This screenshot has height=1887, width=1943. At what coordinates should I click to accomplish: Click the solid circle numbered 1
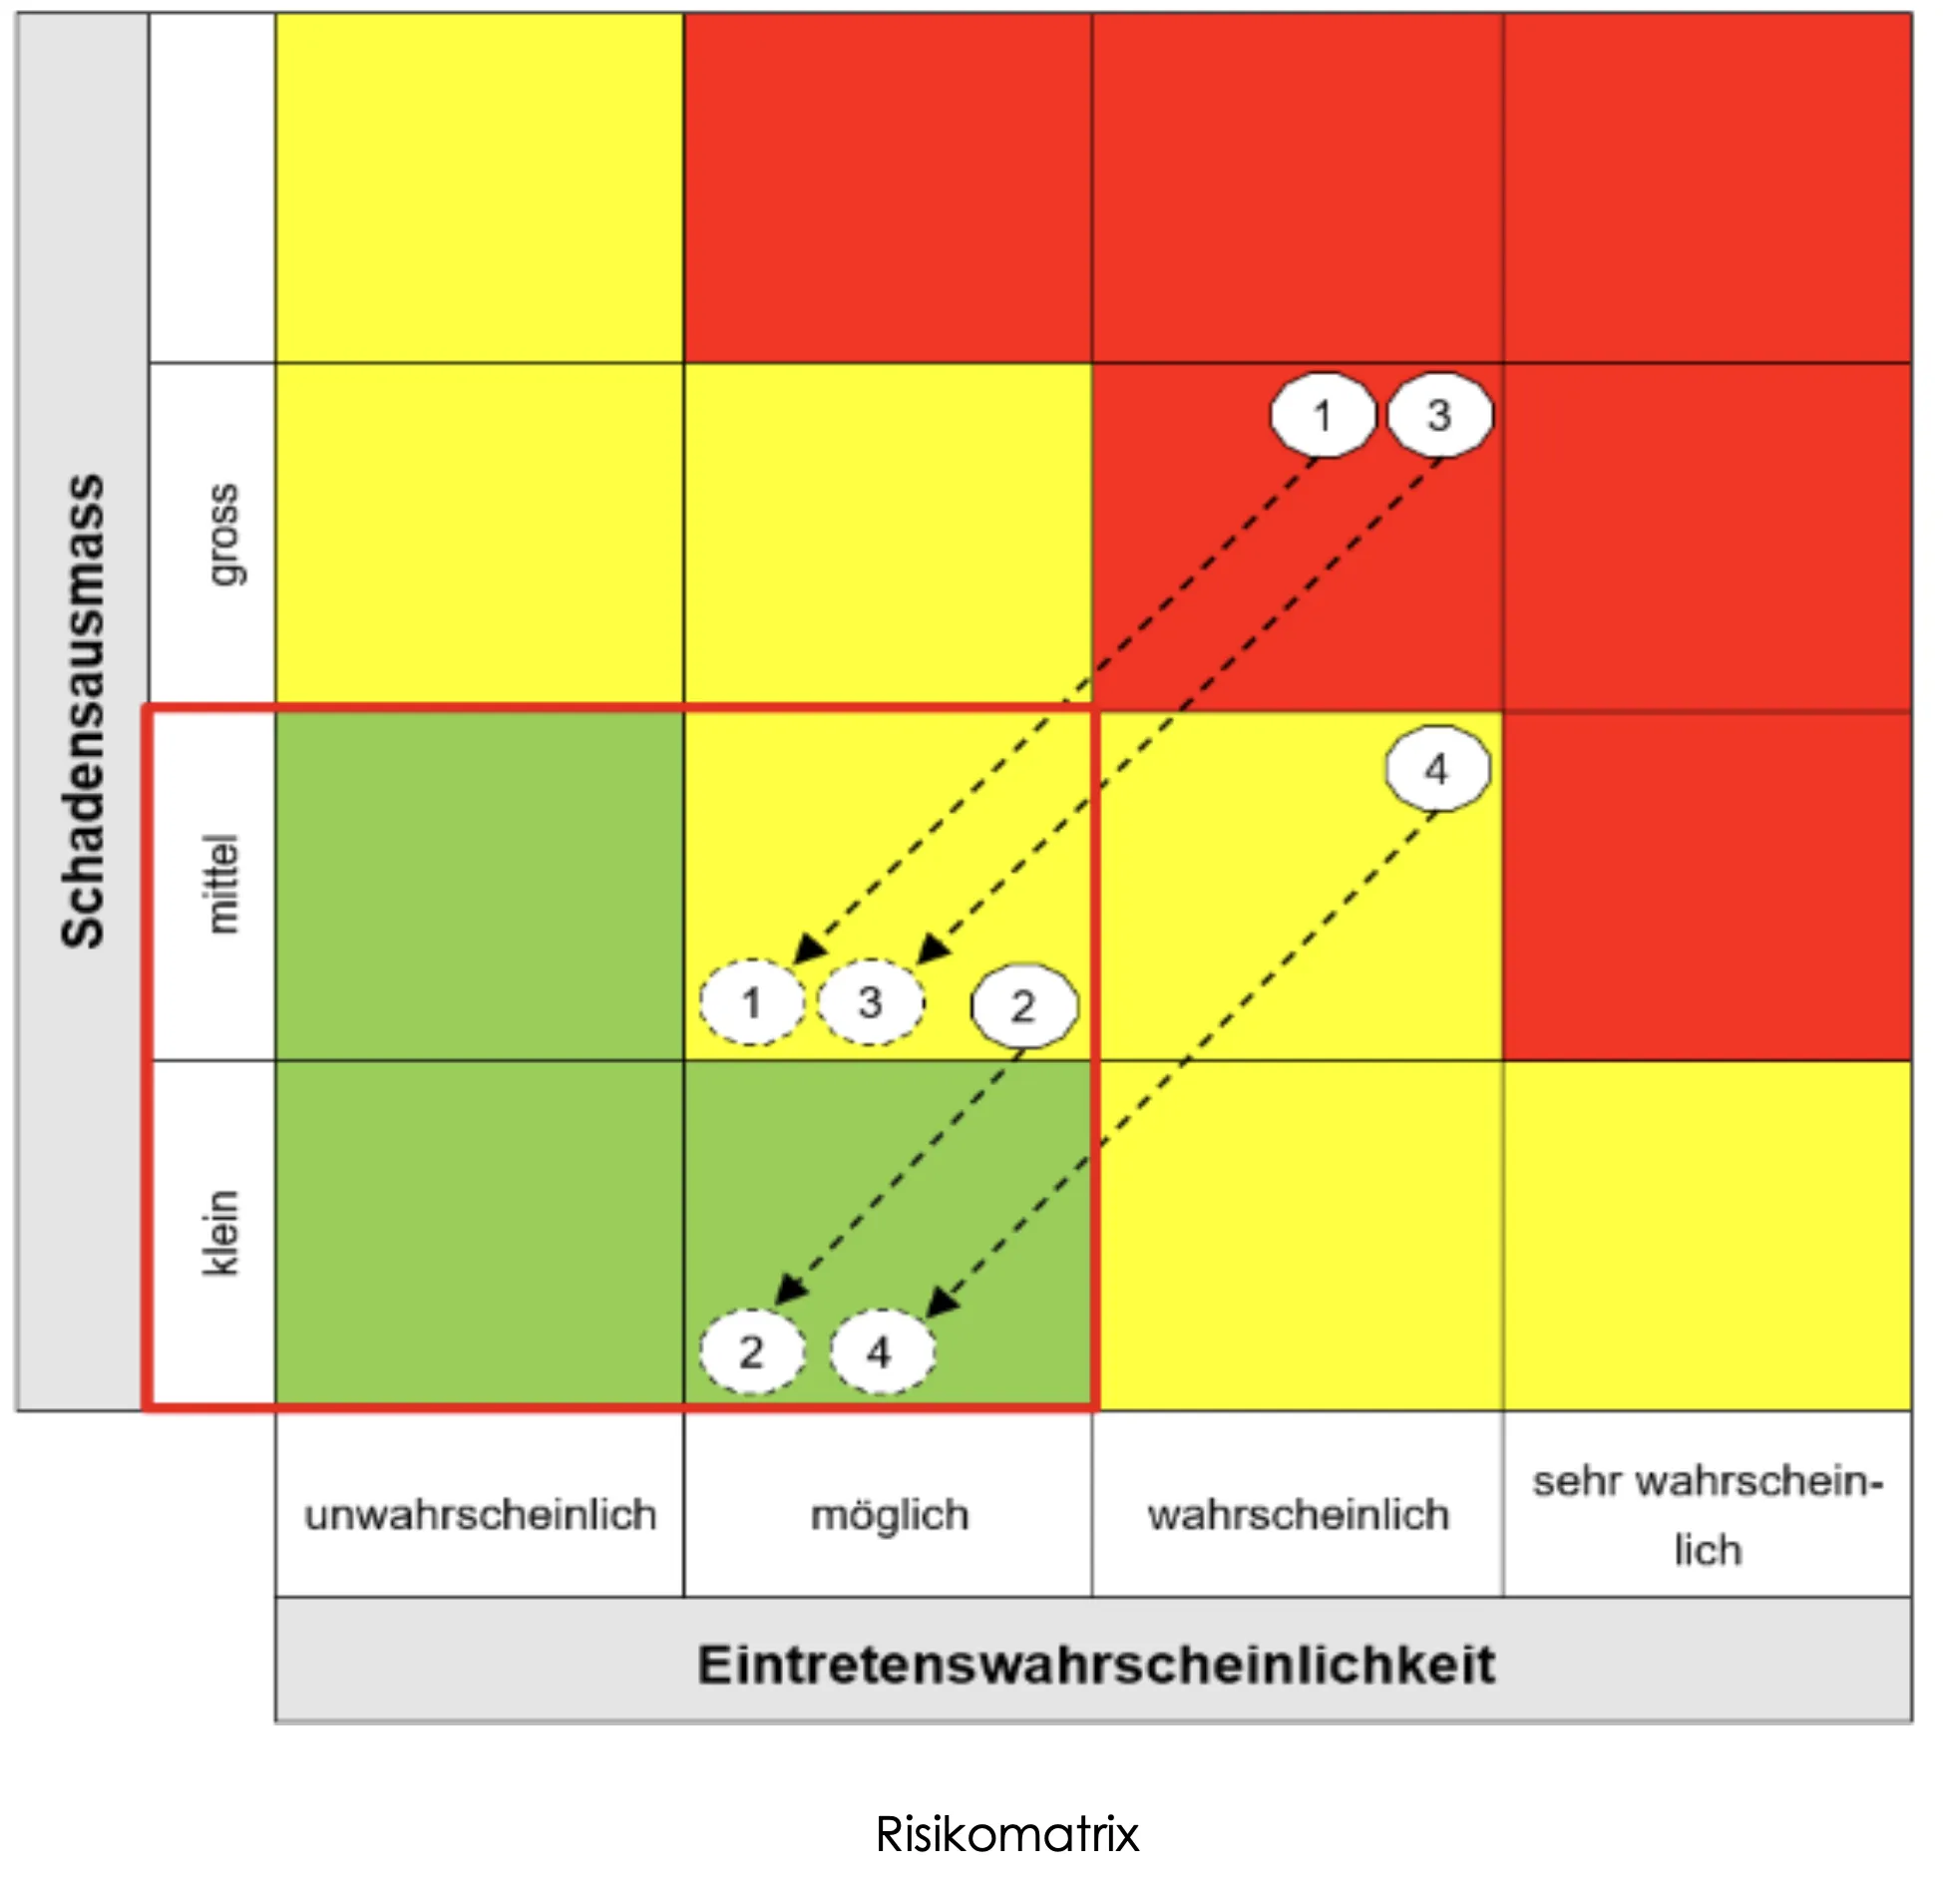pos(1322,415)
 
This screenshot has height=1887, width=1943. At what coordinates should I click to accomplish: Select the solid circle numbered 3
pos(1439,415)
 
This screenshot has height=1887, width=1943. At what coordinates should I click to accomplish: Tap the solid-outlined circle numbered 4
pos(1437,769)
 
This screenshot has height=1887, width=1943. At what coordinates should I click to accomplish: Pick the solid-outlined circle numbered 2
pos(1023,1005)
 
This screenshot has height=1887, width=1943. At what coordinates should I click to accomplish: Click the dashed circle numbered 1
pos(752,1001)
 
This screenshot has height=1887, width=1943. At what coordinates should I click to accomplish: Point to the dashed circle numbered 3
pos(870,1001)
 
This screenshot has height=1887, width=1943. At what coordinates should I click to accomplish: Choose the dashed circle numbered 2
pos(752,1351)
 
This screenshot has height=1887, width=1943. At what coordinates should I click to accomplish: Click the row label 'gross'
pos(221,535)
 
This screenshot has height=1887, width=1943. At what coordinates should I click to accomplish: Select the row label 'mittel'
pos(221,884)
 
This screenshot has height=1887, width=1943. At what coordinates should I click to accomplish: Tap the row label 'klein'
pos(221,1233)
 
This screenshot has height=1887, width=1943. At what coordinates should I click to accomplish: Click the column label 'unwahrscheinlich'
pos(480,1515)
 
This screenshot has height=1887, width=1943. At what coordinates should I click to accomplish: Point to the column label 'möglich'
pos(889,1515)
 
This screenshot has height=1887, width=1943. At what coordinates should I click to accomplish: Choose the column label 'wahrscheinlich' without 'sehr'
pos(1298,1515)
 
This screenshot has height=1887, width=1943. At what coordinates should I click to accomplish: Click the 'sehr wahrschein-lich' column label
pos(1708,1515)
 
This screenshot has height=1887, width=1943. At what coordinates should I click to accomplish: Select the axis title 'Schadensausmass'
pos(83,710)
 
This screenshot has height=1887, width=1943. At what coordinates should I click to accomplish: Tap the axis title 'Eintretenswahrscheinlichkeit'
pos(1095,1665)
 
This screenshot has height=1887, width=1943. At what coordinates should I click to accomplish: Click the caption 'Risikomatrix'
pos(1006,1834)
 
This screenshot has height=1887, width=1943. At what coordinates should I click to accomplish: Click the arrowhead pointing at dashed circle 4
pos(942,1303)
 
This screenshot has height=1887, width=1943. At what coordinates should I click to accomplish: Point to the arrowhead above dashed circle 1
pos(808,948)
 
